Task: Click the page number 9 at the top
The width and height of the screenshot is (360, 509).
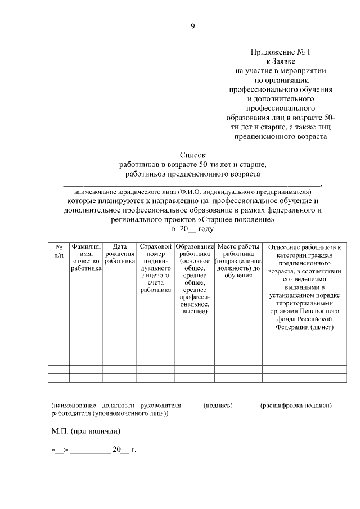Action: pyautogui.click(x=192, y=26)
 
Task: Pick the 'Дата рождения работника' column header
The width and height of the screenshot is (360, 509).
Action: pyautogui.click(x=119, y=254)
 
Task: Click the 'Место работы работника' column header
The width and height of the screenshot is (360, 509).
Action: pyautogui.click(x=238, y=261)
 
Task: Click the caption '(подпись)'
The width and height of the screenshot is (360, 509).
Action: pyautogui.click(x=218, y=405)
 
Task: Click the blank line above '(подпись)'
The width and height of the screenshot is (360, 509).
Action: pyautogui.click(x=218, y=399)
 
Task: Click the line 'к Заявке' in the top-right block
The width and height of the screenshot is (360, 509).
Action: pyautogui.click(x=280, y=61)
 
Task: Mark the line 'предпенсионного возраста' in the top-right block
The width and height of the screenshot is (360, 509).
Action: pyautogui.click(x=280, y=136)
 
